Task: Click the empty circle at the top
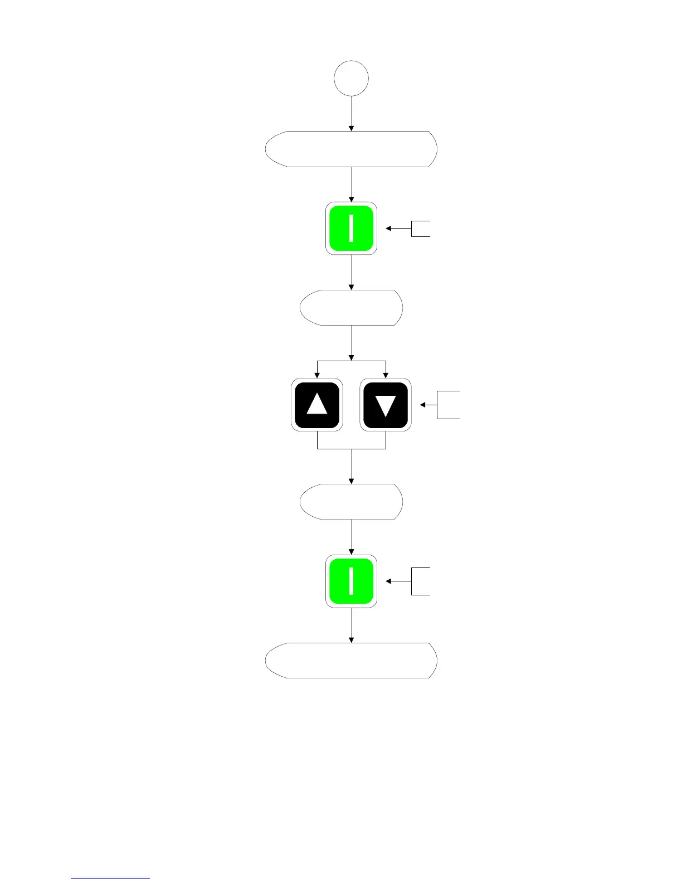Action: coord(351,79)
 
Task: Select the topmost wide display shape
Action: coord(351,149)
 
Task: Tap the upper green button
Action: coord(351,229)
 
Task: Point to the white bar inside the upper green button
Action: coord(352,229)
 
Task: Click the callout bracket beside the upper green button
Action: coord(421,229)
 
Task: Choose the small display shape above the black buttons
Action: coord(351,307)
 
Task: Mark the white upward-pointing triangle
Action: coord(317,404)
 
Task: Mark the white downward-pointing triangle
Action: coord(386,405)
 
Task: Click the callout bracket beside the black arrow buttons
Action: coord(449,405)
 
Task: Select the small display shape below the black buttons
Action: coord(351,502)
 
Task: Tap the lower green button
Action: coord(351,581)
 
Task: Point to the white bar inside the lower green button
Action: coord(352,581)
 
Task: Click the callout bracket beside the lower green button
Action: coord(421,581)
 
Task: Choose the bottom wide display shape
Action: coord(351,660)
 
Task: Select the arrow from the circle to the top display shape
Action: coord(352,113)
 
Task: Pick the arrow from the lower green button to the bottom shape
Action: coord(352,625)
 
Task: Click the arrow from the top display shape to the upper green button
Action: coord(352,184)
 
